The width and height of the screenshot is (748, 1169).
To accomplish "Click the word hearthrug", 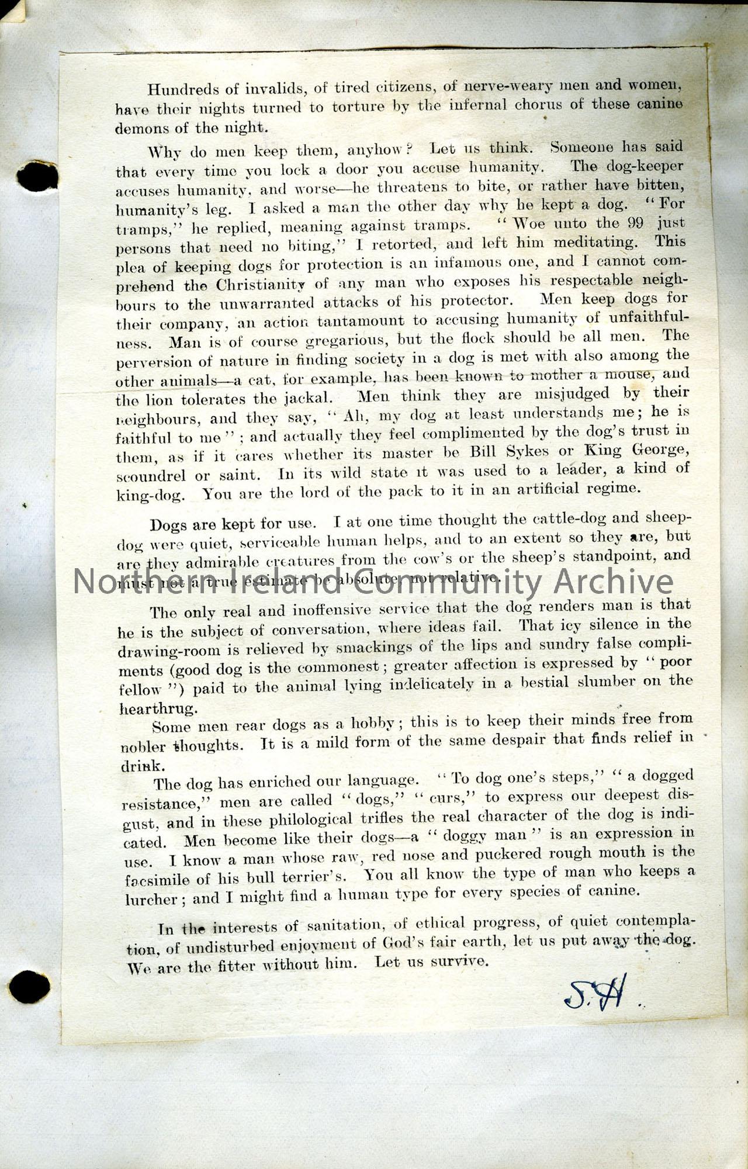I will pos(150,708).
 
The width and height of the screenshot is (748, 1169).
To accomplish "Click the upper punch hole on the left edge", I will pos(38,176).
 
